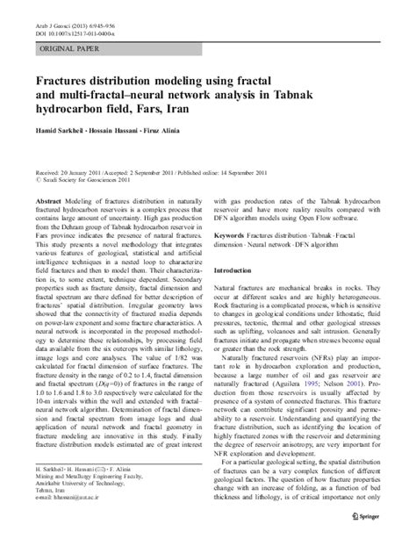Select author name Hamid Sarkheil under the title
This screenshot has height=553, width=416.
(x=61, y=130)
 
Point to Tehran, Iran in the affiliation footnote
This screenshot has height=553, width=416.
(x=51, y=513)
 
